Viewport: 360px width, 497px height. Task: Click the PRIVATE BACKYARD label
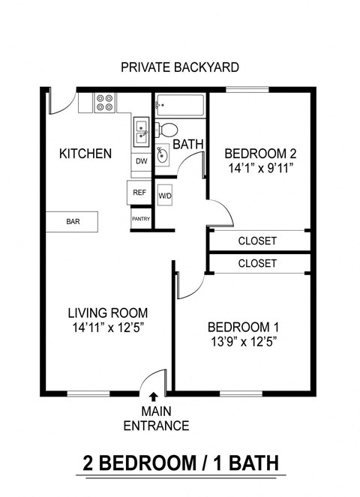tap(180, 67)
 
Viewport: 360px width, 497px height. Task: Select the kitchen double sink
tap(141, 133)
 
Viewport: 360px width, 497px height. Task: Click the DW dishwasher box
tap(141, 161)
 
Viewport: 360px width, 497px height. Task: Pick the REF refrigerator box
tap(139, 193)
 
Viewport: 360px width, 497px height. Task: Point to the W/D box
tap(165, 196)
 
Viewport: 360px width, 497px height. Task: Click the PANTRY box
tap(140, 219)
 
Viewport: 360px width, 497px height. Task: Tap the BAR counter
tap(73, 222)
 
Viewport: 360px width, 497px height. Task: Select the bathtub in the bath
tap(180, 106)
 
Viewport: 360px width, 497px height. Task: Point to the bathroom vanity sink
tap(162, 156)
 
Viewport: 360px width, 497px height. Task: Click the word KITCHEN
tap(85, 154)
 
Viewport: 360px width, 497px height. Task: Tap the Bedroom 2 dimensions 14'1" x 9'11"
tap(258, 169)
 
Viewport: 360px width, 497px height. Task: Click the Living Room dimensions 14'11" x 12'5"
tap(107, 328)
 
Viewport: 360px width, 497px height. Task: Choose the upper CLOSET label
tap(257, 241)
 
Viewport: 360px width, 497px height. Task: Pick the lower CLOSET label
tap(257, 264)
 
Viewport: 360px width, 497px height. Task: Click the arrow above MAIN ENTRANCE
tap(154, 397)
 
